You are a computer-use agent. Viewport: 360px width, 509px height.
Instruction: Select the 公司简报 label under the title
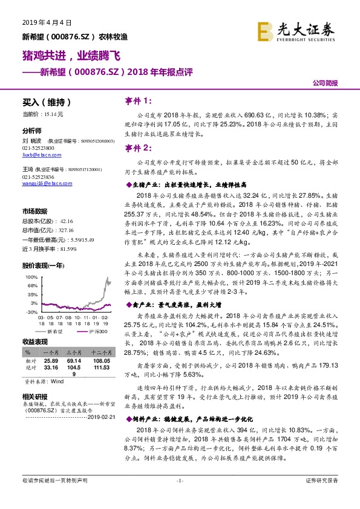pyautogui.click(x=325, y=83)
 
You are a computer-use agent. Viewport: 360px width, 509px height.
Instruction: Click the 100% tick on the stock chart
pyautogui.click(x=30, y=276)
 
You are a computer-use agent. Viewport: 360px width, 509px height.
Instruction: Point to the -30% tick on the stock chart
pyautogui.click(x=30, y=311)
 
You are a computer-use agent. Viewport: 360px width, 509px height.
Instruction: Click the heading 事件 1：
pyautogui.click(x=139, y=100)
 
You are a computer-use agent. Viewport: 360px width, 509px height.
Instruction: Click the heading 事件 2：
pyautogui.click(x=139, y=148)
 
